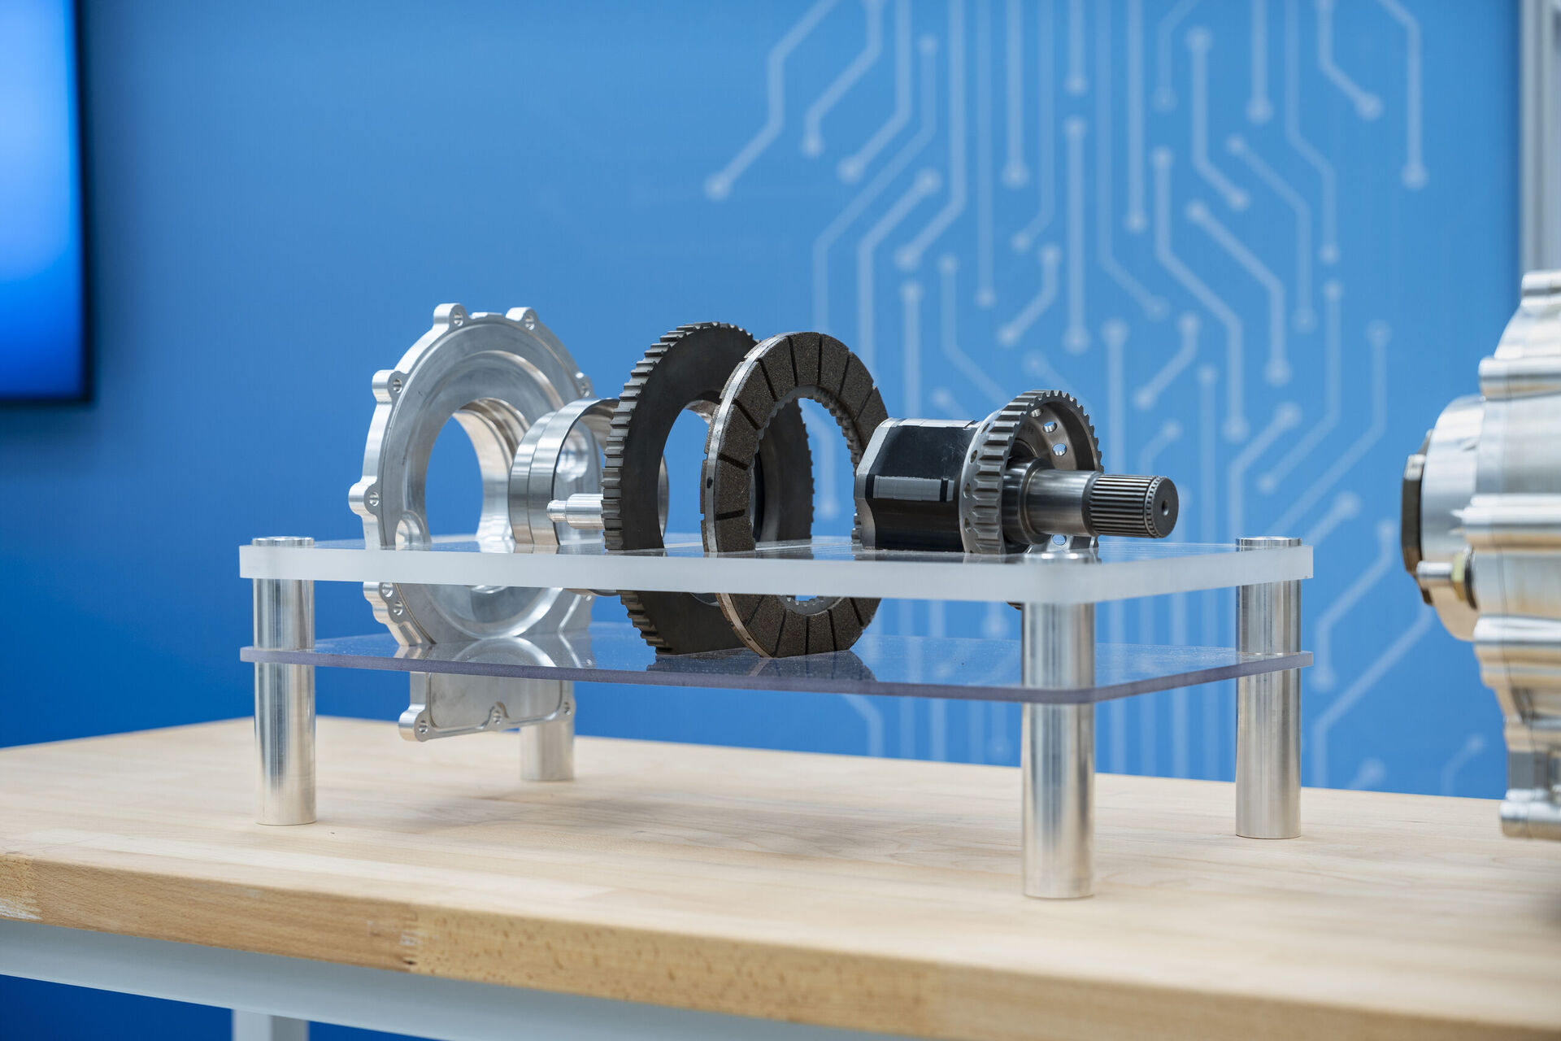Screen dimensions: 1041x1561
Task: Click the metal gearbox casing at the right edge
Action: coord(1504,529)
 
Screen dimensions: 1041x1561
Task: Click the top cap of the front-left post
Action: coord(283,542)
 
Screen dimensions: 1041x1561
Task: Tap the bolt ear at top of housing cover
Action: coord(449,315)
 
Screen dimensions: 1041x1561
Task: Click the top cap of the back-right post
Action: coord(1267,542)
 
